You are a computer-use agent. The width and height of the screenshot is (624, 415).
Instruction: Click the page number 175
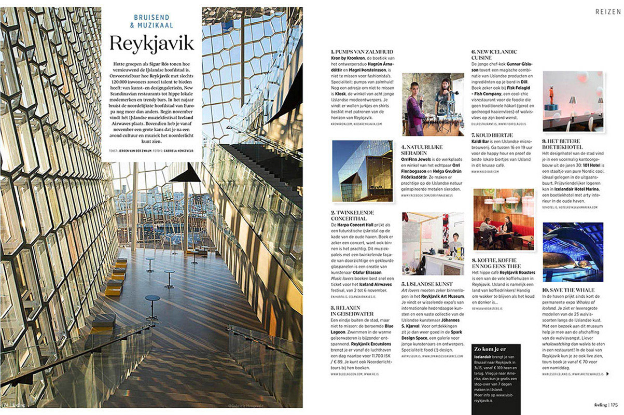[614, 405]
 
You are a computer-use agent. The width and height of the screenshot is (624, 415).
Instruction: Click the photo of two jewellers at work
[433, 104]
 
